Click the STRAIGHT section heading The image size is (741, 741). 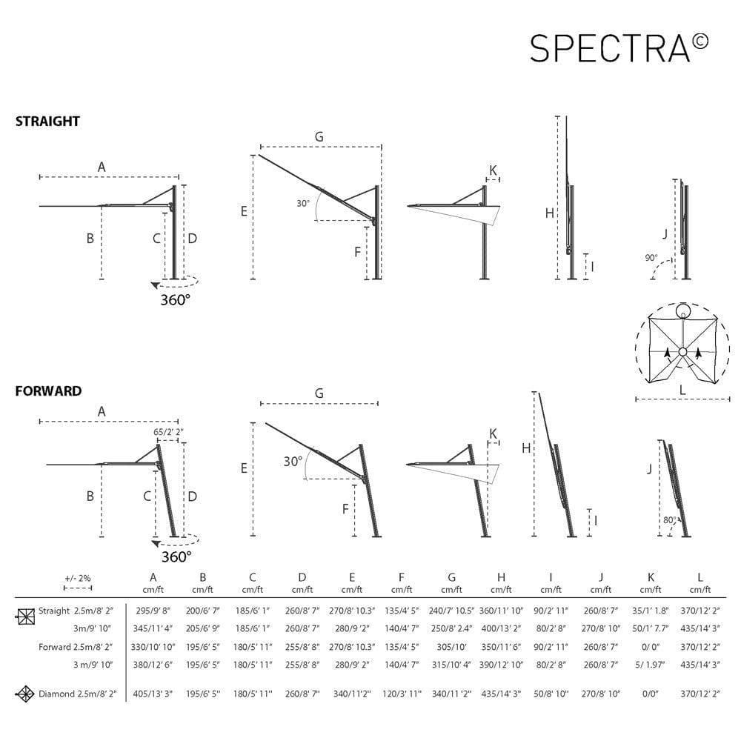tap(47, 122)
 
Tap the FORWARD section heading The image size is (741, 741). tap(48, 391)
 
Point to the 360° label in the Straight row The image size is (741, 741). tap(175, 299)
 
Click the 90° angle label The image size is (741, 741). tap(651, 258)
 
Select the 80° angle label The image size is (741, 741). tap(670, 520)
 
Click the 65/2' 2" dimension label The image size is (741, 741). tap(168, 431)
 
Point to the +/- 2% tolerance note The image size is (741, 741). tap(77, 578)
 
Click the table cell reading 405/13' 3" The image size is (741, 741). tap(153, 694)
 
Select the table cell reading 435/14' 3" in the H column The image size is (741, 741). tap(502, 694)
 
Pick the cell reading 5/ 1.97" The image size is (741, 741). tap(650, 665)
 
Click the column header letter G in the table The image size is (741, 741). tap(451, 577)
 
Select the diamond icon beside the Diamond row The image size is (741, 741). tap(26, 694)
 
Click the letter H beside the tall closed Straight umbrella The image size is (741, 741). tap(549, 213)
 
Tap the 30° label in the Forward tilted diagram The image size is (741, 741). tap(293, 461)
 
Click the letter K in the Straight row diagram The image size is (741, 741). tap(493, 170)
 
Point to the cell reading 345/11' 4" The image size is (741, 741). tap(153, 628)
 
